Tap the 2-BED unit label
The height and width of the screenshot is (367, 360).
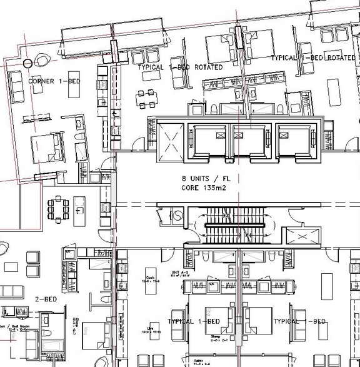point(46,299)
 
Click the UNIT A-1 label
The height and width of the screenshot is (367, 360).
point(180,273)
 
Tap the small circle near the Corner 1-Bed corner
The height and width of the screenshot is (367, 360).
point(27,63)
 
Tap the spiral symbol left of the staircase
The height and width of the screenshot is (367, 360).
point(177,214)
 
